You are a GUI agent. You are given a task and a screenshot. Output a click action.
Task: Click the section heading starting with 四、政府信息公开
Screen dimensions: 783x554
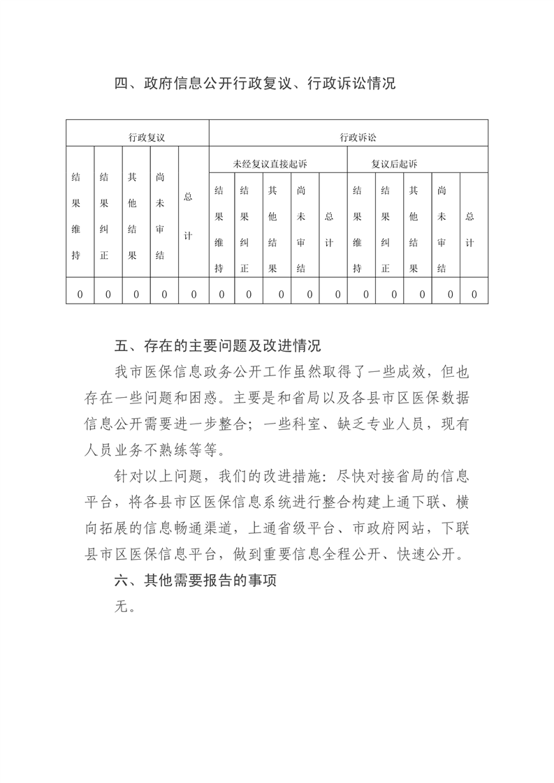[255, 84]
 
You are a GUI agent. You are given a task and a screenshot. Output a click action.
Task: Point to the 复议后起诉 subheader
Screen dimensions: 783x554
[395, 165]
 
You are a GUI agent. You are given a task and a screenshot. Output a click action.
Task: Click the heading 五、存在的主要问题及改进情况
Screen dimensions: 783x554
[217, 345]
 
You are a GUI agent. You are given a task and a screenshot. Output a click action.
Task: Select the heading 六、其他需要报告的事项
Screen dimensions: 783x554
[196, 581]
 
